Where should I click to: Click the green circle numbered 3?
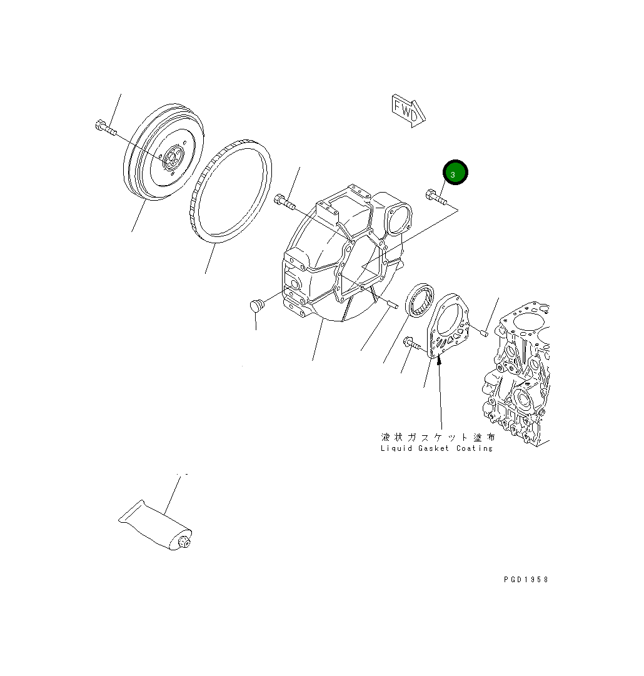pyautogui.click(x=455, y=172)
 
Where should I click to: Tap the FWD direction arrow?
pyautogui.click(x=408, y=111)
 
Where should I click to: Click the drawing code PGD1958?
pyautogui.click(x=526, y=580)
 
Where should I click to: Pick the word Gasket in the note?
pyautogui.click(x=433, y=448)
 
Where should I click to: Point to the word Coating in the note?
pyautogui.click(x=474, y=448)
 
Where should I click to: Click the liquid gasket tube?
pyautogui.click(x=156, y=525)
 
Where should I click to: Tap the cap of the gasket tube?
pyautogui.click(x=185, y=542)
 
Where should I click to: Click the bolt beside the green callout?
pyautogui.click(x=436, y=197)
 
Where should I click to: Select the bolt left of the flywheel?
pyautogui.click(x=105, y=128)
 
